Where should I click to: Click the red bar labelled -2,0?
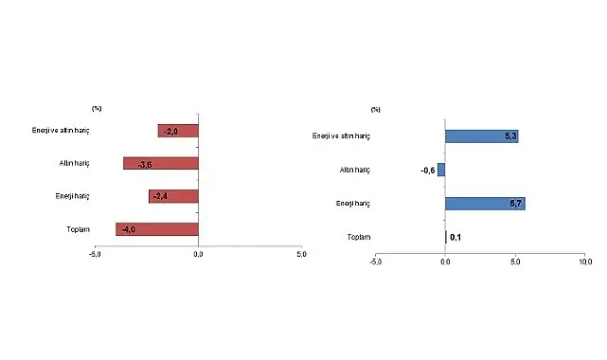[x=178, y=131]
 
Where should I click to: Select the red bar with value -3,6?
[x=161, y=164]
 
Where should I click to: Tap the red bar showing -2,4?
[x=173, y=196]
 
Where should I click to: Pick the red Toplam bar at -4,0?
[x=157, y=228]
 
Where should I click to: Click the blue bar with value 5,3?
[x=481, y=136]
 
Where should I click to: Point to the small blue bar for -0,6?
[x=441, y=170]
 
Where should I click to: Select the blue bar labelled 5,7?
[x=485, y=203]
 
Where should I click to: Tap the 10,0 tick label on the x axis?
[x=584, y=261]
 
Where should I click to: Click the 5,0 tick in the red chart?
[x=301, y=254]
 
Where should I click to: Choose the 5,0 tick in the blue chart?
[x=514, y=261]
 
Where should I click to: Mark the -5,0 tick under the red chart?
[x=96, y=254]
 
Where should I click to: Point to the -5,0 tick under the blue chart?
[x=376, y=261]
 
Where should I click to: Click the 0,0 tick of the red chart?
[x=198, y=254]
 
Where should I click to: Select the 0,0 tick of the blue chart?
[x=445, y=261]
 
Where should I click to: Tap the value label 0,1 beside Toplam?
[x=455, y=237]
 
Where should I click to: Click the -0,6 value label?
[x=427, y=171]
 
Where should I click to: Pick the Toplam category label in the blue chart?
[x=358, y=237]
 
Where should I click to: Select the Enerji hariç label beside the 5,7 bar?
[x=352, y=204]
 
